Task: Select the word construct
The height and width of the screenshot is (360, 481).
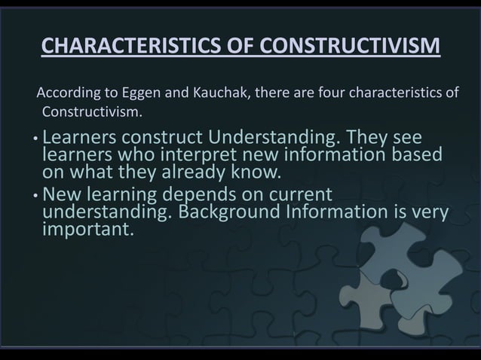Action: [x=163, y=139]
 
